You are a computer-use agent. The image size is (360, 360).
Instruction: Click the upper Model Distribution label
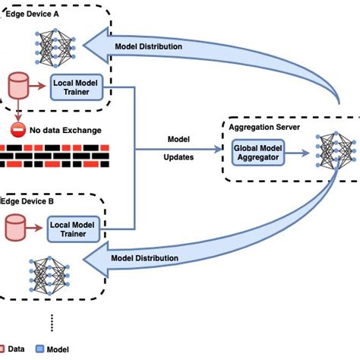pos(148,47)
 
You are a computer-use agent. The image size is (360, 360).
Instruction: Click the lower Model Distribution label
pos(145,258)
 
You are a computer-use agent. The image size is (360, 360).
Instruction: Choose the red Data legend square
pos(5,349)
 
